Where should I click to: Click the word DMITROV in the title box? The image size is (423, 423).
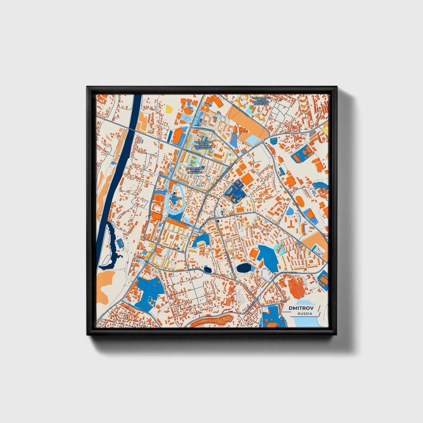300,308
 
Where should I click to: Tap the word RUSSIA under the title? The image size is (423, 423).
304,314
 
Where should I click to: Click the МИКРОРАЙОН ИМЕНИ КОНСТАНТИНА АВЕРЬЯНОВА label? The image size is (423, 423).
202,145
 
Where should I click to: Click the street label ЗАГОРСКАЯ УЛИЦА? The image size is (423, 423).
181,222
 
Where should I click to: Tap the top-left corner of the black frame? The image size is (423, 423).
88,87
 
